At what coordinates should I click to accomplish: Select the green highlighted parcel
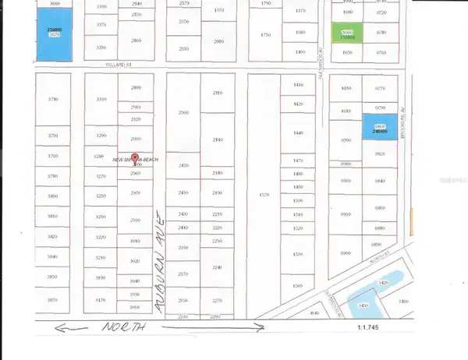click(345, 34)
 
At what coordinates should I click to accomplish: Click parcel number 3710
click(54, 99)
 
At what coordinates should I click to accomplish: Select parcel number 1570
click(264, 194)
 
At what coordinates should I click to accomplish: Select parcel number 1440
click(297, 133)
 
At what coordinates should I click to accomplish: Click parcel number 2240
click(218, 267)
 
